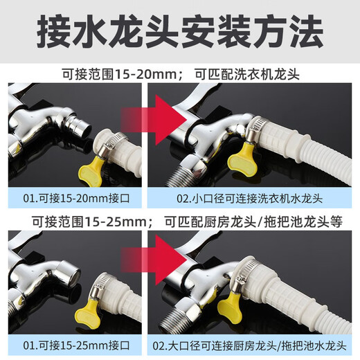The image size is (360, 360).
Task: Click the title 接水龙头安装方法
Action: [x=180, y=31]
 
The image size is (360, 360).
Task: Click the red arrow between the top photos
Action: [x=154, y=120]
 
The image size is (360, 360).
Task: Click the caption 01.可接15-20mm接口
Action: [x=76, y=199]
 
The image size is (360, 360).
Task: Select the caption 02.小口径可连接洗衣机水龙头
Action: [x=250, y=199]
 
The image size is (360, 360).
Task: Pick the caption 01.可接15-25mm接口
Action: [x=76, y=345]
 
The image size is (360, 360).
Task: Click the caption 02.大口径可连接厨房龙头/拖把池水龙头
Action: [x=250, y=345]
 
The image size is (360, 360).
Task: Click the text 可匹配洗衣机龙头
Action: [x=247, y=75]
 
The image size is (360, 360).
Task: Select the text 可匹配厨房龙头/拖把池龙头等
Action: [x=253, y=222]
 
